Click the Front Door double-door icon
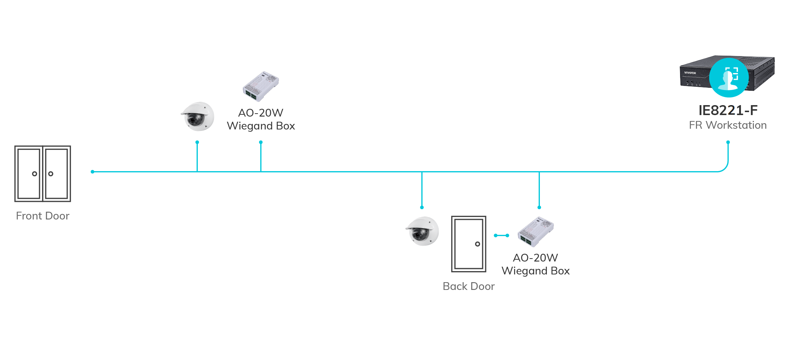coord(43,174)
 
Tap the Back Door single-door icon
coord(469,244)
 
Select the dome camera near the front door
coord(198,117)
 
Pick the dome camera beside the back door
coord(423,231)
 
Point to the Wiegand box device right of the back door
coord(535,232)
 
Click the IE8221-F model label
coord(728,110)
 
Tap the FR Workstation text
coord(728,125)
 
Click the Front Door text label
coord(43,216)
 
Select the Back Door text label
coord(469,286)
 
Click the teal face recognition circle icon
coord(729,77)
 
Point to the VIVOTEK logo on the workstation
coord(690,73)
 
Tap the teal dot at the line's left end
coord(93,172)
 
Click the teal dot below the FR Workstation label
coord(728,142)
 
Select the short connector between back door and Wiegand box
coord(501,235)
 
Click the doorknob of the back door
coord(478,244)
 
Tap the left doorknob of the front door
coord(35,174)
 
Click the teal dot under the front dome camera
coord(197,142)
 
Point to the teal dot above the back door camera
coord(422,207)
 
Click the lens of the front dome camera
coord(193,120)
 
